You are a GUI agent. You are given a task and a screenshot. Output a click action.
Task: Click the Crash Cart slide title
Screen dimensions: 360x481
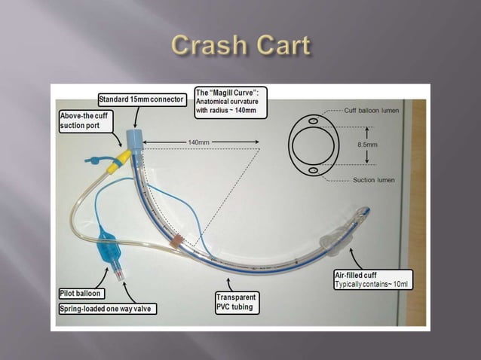(240, 45)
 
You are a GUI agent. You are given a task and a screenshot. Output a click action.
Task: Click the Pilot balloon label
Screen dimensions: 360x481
(81, 292)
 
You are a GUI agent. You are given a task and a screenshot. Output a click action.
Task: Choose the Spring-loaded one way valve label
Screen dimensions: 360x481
(106, 308)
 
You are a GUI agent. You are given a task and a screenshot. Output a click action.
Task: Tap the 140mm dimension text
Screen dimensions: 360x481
(198, 141)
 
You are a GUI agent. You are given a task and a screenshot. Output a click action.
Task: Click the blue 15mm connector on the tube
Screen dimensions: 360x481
(135, 139)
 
